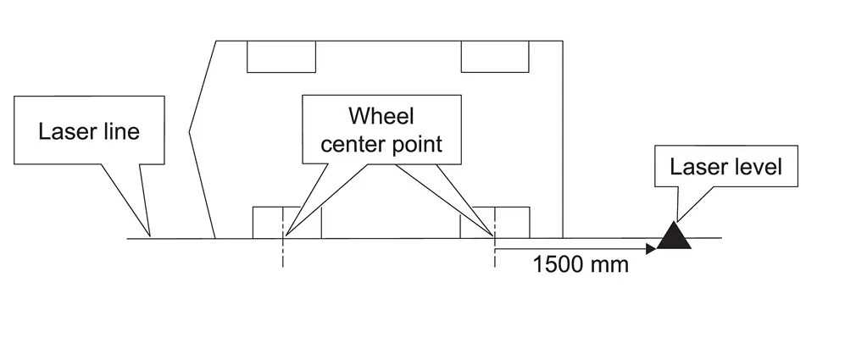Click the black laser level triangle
675,237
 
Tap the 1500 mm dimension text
581,264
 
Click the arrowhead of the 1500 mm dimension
651,249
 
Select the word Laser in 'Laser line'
64,132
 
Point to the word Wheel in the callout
381,116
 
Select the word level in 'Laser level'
759,166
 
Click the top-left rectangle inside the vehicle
281,56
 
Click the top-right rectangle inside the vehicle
495,56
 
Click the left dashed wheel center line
283,253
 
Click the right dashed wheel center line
493,253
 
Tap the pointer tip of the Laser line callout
149,236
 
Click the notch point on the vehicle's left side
190,131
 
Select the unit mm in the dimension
612,264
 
